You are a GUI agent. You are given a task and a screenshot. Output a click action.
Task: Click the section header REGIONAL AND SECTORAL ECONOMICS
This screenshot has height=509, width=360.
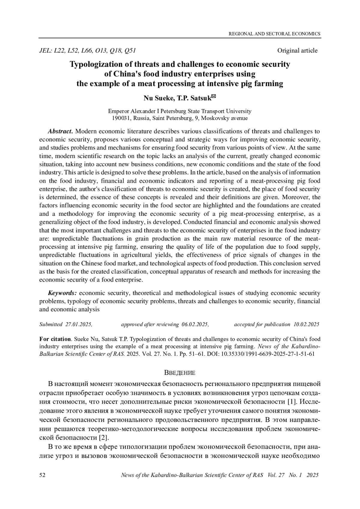274,34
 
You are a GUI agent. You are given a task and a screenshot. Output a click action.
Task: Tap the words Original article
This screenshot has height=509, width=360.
297,51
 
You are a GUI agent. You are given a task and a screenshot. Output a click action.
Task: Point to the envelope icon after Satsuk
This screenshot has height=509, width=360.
214,96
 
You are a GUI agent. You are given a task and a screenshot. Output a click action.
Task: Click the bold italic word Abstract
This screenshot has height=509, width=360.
60,131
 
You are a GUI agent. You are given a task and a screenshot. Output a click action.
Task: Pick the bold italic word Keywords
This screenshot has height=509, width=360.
63,293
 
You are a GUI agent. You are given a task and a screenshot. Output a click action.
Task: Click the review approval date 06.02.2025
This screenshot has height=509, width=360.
195,324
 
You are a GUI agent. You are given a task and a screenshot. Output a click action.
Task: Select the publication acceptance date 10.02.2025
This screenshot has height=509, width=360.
306,324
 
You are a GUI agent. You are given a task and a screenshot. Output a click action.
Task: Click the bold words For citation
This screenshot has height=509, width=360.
55,339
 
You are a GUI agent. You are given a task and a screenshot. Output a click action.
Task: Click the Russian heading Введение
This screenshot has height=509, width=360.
180,373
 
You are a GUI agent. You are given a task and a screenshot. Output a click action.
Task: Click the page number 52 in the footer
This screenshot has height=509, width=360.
43,475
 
